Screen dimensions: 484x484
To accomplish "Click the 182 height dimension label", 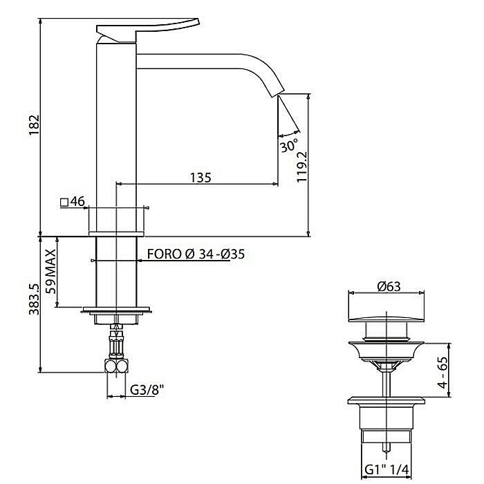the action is (35, 125).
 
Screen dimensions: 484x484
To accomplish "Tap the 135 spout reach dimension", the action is (201, 178).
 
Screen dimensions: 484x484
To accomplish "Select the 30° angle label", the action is (289, 145).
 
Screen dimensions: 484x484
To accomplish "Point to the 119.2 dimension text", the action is (302, 167).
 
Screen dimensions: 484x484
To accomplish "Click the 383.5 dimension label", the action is (34, 299).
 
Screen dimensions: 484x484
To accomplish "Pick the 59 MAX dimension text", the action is (50, 272).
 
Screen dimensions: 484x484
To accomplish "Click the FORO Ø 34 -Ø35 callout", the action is (196, 254).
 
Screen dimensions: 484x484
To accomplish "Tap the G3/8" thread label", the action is (147, 390).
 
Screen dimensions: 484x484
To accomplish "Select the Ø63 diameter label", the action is (389, 287).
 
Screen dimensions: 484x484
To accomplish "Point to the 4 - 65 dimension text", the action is (443, 373).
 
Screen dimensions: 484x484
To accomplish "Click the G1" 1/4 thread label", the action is (387, 470).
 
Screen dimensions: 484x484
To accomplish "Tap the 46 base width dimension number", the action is (77, 202).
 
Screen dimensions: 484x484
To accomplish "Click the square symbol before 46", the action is (64, 203).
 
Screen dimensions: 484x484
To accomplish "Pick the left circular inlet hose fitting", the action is (110, 366).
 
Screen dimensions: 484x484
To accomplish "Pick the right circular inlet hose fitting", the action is (122, 366).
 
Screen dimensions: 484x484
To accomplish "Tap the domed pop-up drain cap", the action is (386, 319).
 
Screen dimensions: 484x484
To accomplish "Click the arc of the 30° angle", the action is (288, 134).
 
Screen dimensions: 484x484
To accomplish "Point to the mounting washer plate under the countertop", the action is (116, 310).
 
